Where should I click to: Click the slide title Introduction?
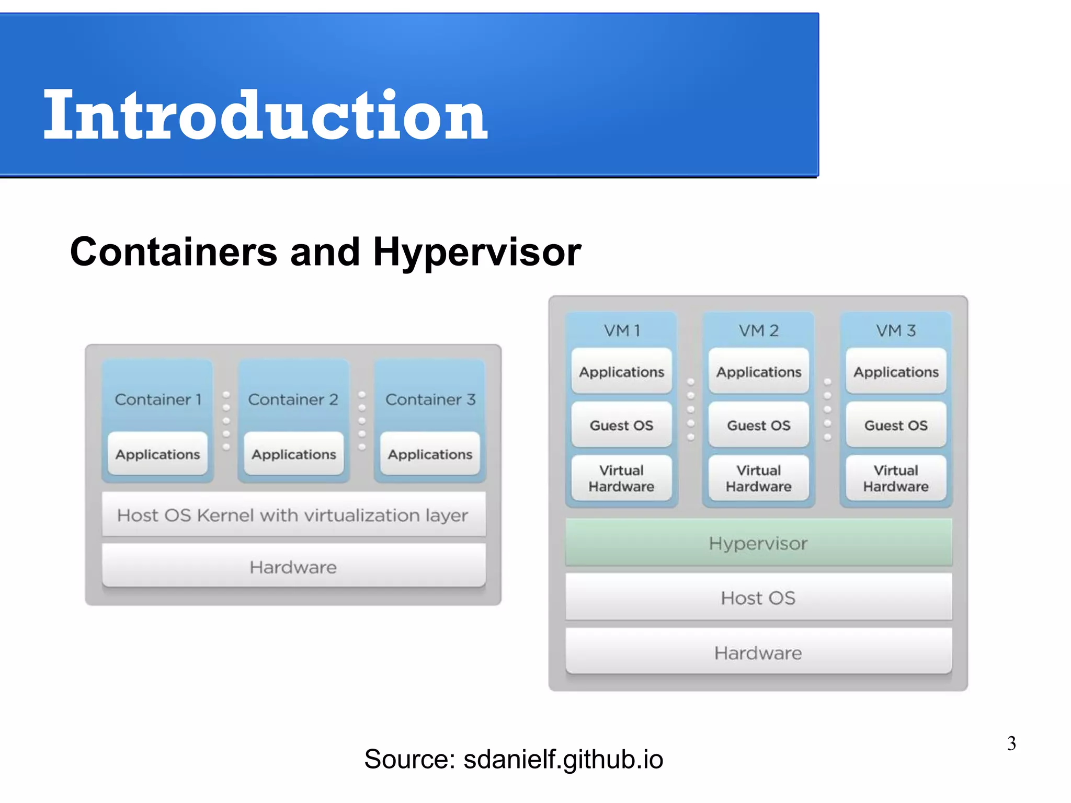coord(266,116)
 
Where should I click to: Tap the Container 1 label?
coord(158,399)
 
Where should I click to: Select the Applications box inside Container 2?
coord(294,454)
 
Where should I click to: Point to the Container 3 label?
coord(430,399)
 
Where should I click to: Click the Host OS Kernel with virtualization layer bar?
coord(293,515)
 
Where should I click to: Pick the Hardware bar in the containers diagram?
coord(293,567)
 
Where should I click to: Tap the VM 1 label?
coord(621,330)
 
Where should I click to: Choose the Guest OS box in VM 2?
coord(758,425)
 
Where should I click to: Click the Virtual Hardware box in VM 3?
coord(896,478)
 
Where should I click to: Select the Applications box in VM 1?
coord(621,372)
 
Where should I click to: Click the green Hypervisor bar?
coord(758,543)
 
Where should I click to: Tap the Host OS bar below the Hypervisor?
coord(758,598)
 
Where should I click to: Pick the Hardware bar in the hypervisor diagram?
coord(758,652)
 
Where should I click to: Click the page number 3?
coord(1011,743)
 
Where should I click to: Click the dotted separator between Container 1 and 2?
coord(226,420)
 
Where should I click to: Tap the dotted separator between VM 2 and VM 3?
coord(827,409)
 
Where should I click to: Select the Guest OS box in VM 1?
coord(621,425)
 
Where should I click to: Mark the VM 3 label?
coord(896,330)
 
